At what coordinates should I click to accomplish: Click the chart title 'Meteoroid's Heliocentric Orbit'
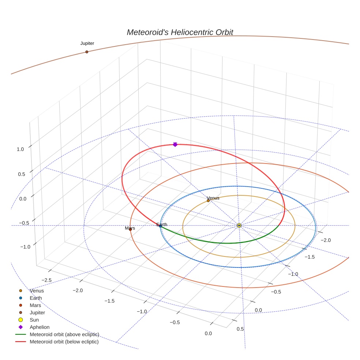[180, 32]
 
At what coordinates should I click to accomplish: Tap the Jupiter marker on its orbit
[87, 52]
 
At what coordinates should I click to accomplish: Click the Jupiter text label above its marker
[87, 43]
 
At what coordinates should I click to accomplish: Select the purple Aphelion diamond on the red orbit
[175, 145]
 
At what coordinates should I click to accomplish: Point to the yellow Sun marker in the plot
[239, 225]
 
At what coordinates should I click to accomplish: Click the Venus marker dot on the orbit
[208, 200]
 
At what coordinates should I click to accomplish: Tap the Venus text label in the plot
[213, 198]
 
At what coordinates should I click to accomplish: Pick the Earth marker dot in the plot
[160, 226]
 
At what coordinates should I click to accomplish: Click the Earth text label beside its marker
[162, 224]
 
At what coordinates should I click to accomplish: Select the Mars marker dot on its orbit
[130, 229]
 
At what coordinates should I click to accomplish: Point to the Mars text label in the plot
[130, 228]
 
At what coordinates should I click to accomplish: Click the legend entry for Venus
[37, 291]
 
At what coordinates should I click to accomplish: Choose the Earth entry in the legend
[36, 298]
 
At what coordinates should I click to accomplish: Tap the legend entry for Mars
[35, 305]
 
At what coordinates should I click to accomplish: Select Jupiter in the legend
[37, 312]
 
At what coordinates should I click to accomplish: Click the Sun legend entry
[34, 320]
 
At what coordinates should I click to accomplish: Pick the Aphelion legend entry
[39, 327]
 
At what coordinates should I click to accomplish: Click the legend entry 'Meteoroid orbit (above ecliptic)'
[64, 334]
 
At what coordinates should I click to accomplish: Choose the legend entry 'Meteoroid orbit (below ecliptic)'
[64, 342]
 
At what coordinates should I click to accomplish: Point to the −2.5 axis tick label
[46, 280]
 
